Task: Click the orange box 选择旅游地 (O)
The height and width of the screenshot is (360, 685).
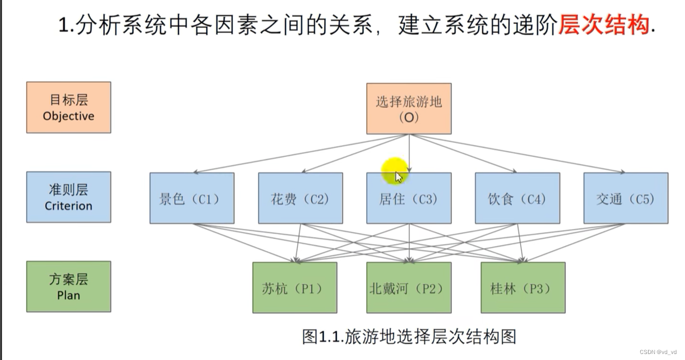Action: tap(408, 108)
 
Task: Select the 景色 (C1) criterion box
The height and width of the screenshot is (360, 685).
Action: tap(192, 198)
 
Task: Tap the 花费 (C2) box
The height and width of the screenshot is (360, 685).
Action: tap(300, 198)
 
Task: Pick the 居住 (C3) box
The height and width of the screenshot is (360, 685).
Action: tap(408, 198)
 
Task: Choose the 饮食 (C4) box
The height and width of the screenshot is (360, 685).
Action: tap(517, 198)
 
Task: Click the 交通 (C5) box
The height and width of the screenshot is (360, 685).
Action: tap(626, 198)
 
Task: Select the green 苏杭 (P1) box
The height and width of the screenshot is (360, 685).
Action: tap(294, 288)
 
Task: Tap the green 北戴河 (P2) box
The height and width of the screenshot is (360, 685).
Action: tap(408, 288)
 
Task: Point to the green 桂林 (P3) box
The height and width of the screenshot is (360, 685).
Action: tap(522, 288)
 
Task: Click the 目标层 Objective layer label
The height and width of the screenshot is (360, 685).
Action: tap(69, 108)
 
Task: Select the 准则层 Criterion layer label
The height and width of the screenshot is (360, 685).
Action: tap(69, 197)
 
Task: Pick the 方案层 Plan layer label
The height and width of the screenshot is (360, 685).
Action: tap(69, 287)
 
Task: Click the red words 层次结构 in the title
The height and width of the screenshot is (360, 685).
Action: tap(603, 25)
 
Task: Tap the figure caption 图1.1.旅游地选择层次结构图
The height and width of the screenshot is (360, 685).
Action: tap(409, 336)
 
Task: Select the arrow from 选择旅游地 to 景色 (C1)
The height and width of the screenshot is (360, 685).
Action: tap(294, 154)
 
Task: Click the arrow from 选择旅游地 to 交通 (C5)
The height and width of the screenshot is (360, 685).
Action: tap(522, 154)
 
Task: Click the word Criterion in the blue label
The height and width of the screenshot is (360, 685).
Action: tap(69, 206)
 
